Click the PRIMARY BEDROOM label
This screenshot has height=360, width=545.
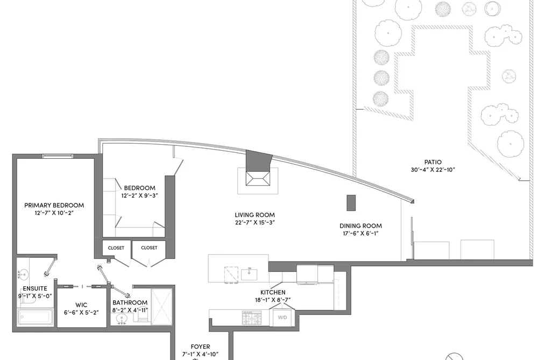54,205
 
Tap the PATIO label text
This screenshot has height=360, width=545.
433,162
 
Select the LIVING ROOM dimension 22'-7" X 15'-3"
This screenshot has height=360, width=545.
255,222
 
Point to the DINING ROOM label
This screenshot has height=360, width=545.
360,225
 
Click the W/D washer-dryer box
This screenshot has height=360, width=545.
282,316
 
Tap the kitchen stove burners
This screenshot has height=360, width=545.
252,317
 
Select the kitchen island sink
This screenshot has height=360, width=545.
249,274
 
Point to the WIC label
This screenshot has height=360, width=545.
81,305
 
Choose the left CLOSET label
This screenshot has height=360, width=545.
116,248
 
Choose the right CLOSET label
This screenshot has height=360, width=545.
149,248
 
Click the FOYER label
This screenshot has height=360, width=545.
200,347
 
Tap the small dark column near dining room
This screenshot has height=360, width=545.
351,203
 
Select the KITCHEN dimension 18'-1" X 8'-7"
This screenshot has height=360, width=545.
273,300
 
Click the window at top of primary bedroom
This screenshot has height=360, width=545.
58,156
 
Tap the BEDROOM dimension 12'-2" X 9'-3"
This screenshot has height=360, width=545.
139,196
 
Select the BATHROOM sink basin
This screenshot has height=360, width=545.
122,319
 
